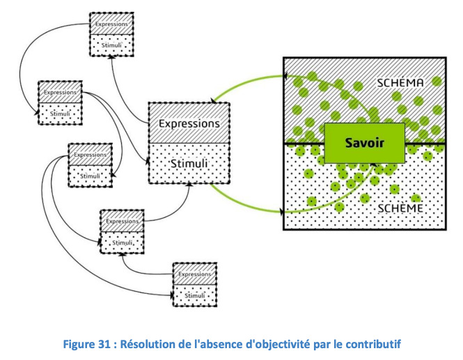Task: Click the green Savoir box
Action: point(365,143)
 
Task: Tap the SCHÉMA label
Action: point(400,83)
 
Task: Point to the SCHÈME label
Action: point(400,208)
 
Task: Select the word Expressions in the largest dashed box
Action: point(189,124)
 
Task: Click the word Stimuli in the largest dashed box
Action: point(189,164)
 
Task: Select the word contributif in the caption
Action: point(373,345)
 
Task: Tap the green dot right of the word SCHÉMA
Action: point(437,81)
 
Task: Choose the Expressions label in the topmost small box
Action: point(111,24)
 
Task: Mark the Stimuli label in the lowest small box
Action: point(194,296)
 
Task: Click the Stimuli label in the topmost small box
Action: point(111,45)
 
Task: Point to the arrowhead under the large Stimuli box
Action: point(190,185)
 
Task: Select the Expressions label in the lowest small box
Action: point(194,274)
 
